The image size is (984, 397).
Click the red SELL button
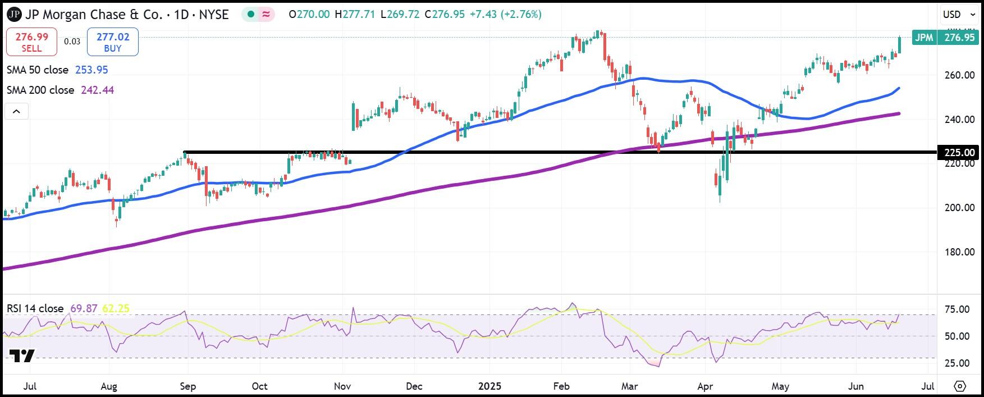point(31,43)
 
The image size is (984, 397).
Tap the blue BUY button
point(113,43)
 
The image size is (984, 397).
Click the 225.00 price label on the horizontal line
point(958,153)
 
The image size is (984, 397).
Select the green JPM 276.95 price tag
point(945,38)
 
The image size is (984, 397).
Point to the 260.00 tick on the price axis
point(959,75)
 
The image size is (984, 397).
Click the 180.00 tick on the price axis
point(959,252)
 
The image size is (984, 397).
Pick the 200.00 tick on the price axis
point(959,208)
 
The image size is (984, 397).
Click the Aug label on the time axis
point(108,386)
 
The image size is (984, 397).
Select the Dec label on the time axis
point(414,386)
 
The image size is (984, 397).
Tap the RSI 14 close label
point(35,309)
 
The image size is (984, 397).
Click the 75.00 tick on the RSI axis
point(956,309)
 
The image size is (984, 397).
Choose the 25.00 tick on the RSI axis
point(956,363)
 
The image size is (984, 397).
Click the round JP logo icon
point(14,15)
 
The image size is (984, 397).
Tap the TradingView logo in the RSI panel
point(22,355)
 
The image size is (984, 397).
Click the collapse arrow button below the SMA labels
point(17,112)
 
